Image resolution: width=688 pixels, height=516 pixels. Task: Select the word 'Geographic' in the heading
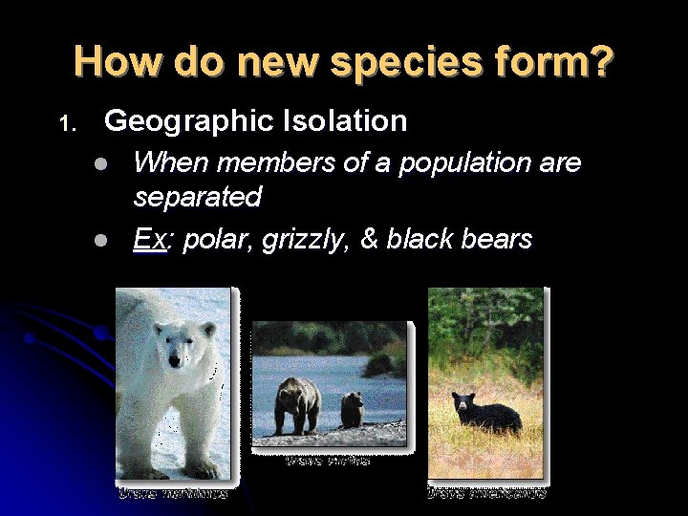coord(189,121)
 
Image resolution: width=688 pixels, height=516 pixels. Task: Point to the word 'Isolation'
coord(346,121)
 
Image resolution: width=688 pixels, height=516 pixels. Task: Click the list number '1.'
coord(65,124)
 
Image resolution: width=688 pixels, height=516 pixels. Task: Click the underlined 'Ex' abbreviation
coord(149,239)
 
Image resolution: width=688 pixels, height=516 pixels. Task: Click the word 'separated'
coord(198,198)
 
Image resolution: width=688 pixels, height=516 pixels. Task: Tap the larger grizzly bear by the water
coord(297,405)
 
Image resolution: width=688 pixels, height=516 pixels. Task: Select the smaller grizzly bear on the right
coord(353,409)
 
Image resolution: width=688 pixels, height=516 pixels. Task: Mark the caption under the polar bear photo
coord(173,493)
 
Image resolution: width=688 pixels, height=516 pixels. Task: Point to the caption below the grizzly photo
coord(328,462)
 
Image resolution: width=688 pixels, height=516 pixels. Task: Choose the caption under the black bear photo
coord(486,493)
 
